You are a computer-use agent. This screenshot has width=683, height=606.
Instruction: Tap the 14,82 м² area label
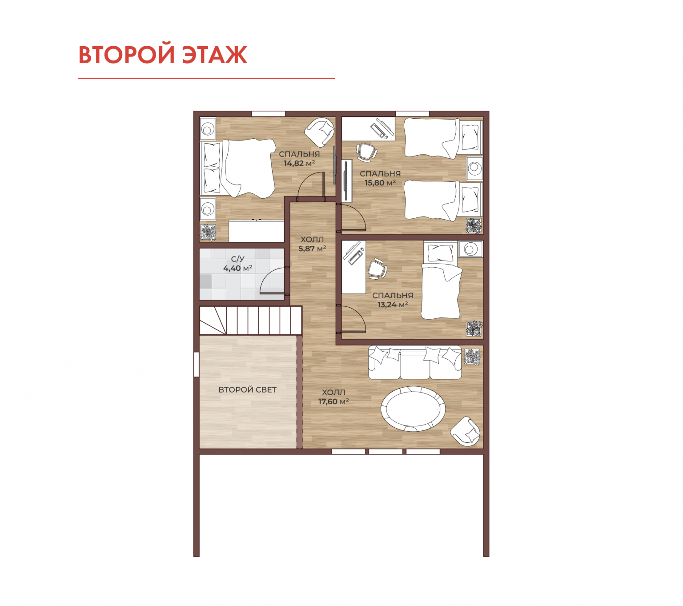(299, 164)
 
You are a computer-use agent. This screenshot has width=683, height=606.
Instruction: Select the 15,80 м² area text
(380, 183)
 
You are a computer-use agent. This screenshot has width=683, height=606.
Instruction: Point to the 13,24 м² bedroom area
(392, 305)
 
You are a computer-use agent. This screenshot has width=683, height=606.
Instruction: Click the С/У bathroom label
(237, 259)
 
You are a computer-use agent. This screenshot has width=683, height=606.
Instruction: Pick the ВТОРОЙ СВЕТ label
(247, 389)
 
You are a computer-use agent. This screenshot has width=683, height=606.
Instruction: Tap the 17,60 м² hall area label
(333, 401)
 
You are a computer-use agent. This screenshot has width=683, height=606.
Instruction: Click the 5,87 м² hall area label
(312, 249)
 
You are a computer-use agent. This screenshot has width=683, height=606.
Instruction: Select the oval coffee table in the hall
(413, 409)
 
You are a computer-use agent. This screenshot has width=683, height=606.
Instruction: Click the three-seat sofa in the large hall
(415, 362)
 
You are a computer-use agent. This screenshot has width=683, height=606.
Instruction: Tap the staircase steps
(250, 320)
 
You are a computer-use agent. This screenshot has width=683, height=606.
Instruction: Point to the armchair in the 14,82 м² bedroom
(319, 132)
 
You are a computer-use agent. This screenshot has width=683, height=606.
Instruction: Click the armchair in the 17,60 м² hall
(465, 431)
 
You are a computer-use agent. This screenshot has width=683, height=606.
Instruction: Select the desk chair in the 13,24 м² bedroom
(377, 269)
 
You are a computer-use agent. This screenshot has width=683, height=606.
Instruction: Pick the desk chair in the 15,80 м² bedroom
(366, 152)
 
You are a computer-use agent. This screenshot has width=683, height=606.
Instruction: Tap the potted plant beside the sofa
(472, 357)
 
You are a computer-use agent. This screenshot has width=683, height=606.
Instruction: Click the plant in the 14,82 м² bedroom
(208, 233)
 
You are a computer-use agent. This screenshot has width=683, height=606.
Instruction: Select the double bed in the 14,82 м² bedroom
(238, 168)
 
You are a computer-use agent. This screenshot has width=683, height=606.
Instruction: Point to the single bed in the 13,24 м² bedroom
(441, 280)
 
